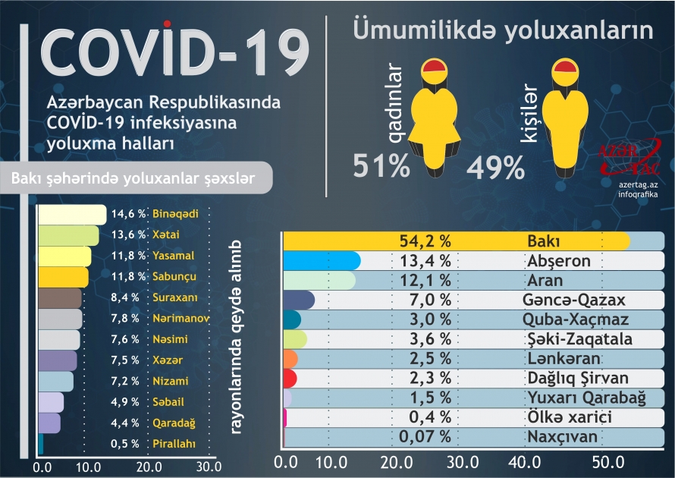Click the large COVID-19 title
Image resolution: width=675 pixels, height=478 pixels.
coord(174,59)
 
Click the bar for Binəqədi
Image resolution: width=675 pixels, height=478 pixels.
coord(71,215)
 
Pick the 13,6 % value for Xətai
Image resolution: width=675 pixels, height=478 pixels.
coord(127,234)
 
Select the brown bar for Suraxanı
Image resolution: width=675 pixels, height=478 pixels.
coord(58,297)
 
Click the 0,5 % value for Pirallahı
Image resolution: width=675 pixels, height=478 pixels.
coord(126,444)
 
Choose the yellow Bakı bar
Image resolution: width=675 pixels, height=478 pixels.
coord(455,241)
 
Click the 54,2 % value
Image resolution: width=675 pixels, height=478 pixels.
coord(425,241)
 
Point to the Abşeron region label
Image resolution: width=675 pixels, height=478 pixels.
coord(558,261)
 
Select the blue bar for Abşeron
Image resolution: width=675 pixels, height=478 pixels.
coord(321,261)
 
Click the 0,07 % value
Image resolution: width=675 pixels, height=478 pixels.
coord(425,436)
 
